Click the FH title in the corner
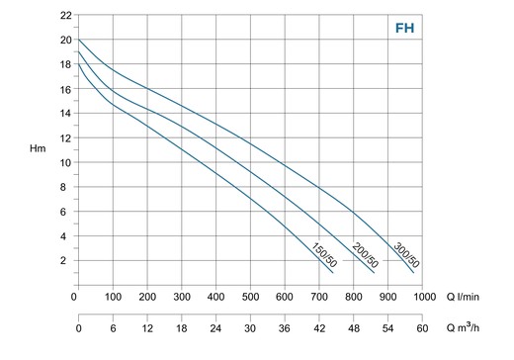[x=404, y=29]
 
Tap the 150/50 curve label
[x=324, y=255]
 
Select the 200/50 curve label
[x=366, y=255]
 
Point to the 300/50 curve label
[x=406, y=255]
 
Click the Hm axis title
[x=38, y=148]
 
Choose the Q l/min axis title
[x=463, y=297]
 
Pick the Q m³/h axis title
[x=463, y=327]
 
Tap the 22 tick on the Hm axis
[x=65, y=15]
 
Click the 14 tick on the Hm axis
[x=65, y=113]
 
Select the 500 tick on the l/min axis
[x=250, y=297]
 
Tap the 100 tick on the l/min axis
[x=113, y=297]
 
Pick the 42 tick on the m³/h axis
[x=319, y=328]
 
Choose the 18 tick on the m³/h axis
[x=182, y=328]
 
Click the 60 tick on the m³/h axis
[x=422, y=328]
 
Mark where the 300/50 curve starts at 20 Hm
[x=79, y=40]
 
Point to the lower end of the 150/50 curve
[x=333, y=273]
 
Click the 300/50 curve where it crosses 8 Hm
[x=319, y=187]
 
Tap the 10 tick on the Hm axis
[x=65, y=162]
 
